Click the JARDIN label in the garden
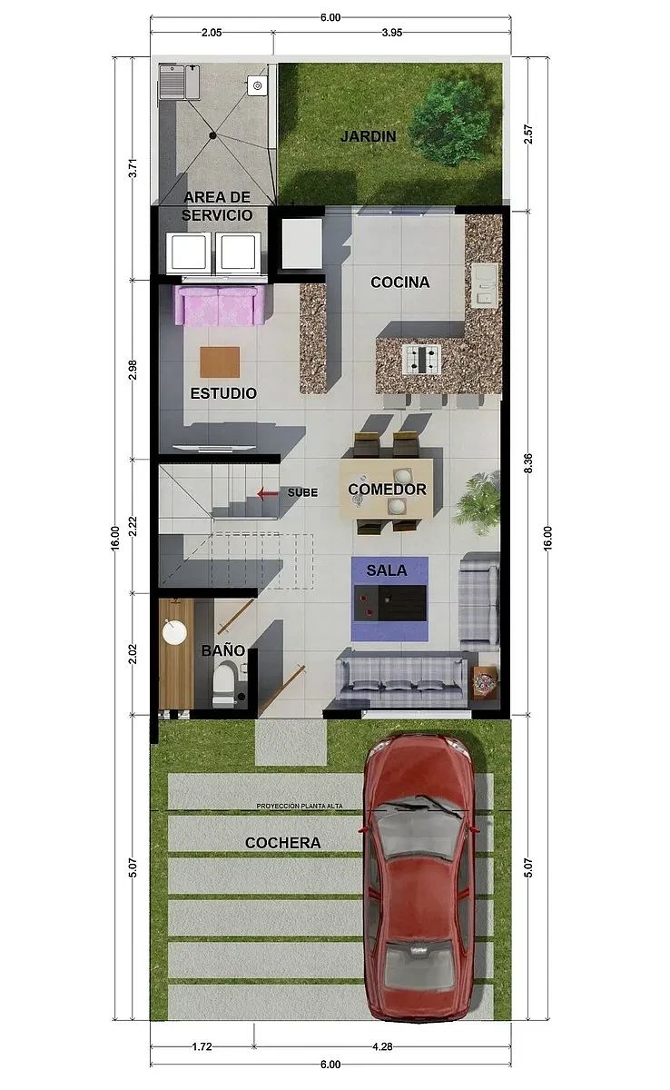click(368, 136)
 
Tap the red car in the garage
click(419, 877)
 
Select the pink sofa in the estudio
click(221, 305)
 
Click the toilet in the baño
click(224, 685)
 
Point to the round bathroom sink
click(174, 631)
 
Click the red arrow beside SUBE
click(268, 494)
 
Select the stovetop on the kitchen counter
click(421, 359)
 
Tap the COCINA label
click(400, 282)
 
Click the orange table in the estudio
click(220, 362)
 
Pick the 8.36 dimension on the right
click(528, 462)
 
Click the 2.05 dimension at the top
click(212, 33)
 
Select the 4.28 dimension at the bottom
click(382, 1046)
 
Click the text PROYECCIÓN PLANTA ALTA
click(300, 807)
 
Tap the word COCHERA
click(283, 843)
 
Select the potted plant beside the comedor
click(479, 501)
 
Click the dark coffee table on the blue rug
click(390, 603)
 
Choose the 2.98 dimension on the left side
click(133, 370)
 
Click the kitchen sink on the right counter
click(484, 287)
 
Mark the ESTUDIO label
click(223, 393)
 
